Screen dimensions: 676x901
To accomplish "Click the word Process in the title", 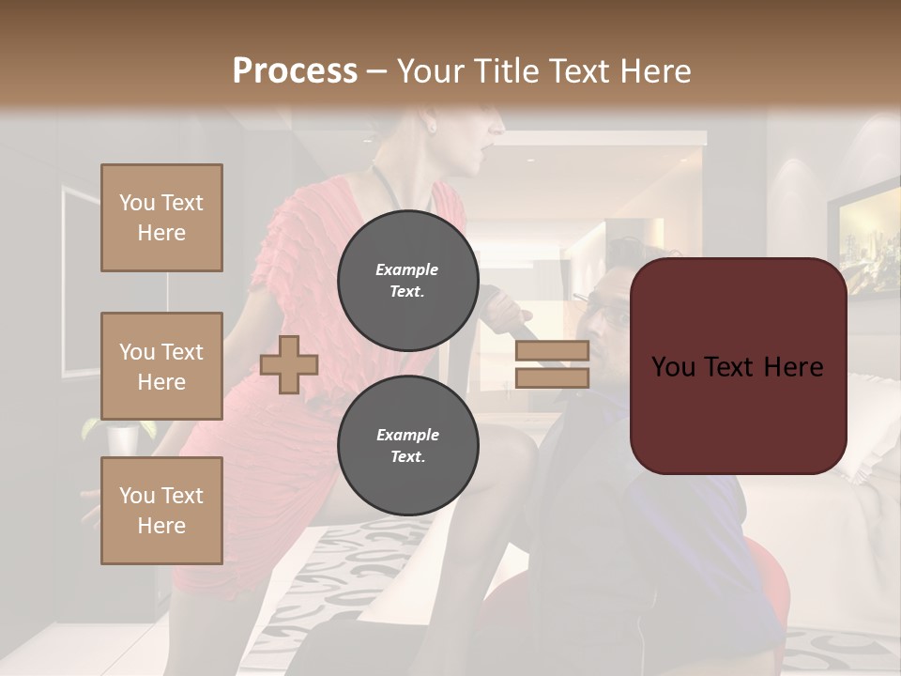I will pos(295,71).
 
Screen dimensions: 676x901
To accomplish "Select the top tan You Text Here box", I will pos(161,218).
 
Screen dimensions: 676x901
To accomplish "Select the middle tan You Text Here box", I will pos(161,366).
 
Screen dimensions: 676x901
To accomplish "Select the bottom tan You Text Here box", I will pos(161,511).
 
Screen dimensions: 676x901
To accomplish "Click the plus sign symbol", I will pos(289,364).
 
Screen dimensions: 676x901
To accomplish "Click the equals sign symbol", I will pos(552,364).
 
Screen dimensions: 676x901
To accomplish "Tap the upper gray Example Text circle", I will pos(407,280).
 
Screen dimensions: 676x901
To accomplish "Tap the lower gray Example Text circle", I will pos(407,445).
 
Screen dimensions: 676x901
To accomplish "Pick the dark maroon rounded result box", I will pos(738,366).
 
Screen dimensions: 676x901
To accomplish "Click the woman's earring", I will pos(433,125).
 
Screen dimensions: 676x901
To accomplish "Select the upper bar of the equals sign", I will pos(552,351).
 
